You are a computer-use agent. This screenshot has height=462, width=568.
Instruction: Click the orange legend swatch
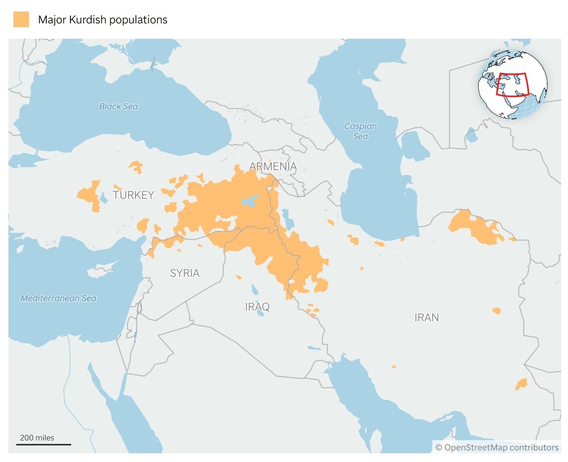point(21,19)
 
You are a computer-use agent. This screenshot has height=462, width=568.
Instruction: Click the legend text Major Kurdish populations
point(103,20)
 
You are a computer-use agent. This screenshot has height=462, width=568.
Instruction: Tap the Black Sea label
point(118,106)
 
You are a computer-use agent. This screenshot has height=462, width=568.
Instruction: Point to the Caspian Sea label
point(360,131)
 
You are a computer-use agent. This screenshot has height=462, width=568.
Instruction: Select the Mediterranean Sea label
point(58,298)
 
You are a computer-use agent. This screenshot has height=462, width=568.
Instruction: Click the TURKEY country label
point(133,195)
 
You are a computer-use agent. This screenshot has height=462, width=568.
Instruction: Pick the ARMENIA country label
point(272,166)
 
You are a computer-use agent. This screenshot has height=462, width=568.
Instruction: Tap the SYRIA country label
point(184,273)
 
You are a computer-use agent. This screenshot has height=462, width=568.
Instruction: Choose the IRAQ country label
point(257,307)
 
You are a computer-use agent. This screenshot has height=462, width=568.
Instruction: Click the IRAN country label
point(427,318)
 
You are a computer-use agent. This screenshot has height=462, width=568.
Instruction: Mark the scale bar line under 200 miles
point(44,444)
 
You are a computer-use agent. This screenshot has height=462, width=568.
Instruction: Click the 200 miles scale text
point(37,438)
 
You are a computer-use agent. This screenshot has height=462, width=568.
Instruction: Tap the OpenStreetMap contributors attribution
point(496,447)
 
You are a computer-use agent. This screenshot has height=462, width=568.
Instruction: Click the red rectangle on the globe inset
point(512,85)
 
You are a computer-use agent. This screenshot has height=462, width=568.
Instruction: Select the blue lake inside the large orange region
point(250,201)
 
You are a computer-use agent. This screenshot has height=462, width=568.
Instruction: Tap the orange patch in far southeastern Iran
point(521,384)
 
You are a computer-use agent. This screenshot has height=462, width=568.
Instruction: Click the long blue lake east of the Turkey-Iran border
point(288,219)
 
